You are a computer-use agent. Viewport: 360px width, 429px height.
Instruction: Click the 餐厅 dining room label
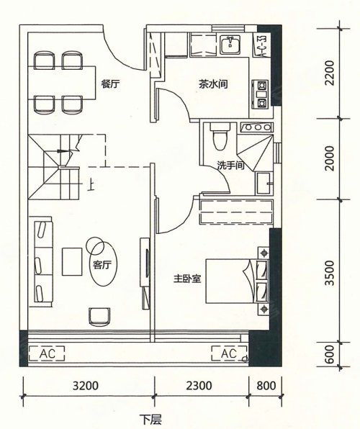(x=110, y=83)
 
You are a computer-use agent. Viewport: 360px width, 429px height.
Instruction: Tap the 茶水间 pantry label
(x=213, y=83)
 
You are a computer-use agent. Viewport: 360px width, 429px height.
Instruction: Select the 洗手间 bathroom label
(x=230, y=166)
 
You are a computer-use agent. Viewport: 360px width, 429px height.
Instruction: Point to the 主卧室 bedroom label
(x=187, y=279)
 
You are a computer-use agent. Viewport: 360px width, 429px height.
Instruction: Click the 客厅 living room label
(x=102, y=265)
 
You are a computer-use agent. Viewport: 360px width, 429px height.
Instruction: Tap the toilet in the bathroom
(x=220, y=136)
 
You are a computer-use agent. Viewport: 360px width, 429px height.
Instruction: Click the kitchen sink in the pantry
(x=230, y=44)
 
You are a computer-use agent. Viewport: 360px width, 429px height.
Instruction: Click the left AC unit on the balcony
(x=47, y=353)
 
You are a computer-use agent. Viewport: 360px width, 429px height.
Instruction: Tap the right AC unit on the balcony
(x=229, y=353)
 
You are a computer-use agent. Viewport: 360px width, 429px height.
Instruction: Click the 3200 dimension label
(x=86, y=386)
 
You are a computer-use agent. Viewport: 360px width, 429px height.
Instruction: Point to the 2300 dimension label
(x=199, y=386)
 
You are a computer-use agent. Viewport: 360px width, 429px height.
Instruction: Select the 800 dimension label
(x=266, y=386)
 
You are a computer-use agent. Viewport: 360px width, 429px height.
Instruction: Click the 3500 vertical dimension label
(x=330, y=273)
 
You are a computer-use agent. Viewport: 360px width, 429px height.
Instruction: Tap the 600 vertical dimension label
(x=330, y=354)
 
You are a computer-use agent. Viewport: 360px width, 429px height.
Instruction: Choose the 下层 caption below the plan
(x=151, y=419)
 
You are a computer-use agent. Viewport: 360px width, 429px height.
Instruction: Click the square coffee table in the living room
(x=72, y=261)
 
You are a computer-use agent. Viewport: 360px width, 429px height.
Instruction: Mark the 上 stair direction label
(x=91, y=186)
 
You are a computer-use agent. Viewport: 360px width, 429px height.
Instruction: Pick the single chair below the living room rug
(x=99, y=317)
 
